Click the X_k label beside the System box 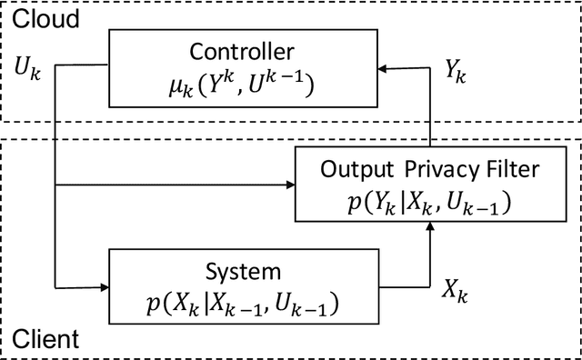click(x=457, y=290)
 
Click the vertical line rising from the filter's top click(x=430, y=109)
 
